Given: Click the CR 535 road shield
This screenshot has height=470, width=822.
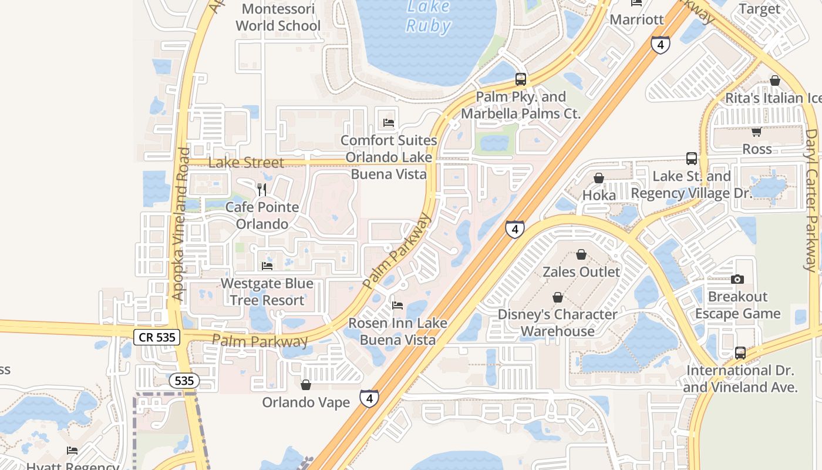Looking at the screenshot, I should (x=157, y=337).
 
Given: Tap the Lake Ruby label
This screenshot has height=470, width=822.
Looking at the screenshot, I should (x=429, y=16).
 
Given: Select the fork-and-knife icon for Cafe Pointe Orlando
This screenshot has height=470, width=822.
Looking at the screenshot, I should (x=262, y=190).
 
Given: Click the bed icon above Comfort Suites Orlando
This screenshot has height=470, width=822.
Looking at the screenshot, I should (x=389, y=123).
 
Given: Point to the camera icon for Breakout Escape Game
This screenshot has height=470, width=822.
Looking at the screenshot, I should (x=737, y=279).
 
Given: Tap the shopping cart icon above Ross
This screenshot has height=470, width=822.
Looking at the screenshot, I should (x=757, y=132).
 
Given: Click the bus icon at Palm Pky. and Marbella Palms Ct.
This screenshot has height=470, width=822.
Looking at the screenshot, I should (x=520, y=79).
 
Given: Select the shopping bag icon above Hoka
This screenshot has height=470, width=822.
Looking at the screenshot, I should (x=599, y=178).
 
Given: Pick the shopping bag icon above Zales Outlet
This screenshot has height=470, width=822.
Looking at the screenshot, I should (x=581, y=254).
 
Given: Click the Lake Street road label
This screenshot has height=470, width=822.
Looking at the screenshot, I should (x=246, y=163).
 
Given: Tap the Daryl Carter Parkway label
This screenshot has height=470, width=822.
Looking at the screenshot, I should (x=811, y=200).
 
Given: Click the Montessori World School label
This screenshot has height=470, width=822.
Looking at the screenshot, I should (x=278, y=18).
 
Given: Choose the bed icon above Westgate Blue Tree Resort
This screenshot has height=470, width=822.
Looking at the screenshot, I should (x=267, y=266).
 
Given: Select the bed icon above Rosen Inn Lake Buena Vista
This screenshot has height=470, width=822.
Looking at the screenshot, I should (x=397, y=305).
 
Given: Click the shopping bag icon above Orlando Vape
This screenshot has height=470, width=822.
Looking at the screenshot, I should (x=305, y=385).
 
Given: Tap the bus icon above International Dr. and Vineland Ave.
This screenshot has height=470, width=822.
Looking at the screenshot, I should (x=740, y=353).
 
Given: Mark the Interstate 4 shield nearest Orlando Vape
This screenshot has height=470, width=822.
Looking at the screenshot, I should (x=369, y=399).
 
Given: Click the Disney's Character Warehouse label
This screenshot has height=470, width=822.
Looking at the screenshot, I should (x=557, y=323).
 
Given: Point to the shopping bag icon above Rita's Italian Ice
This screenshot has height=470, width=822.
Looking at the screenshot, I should (x=775, y=80).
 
